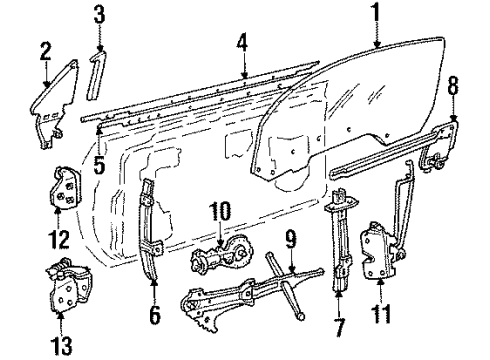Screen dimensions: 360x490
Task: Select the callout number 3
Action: (98, 15)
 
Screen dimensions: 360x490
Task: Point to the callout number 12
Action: (61, 239)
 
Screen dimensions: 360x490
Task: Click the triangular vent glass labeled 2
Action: (51, 104)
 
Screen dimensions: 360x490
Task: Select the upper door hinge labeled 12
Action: (64, 188)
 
